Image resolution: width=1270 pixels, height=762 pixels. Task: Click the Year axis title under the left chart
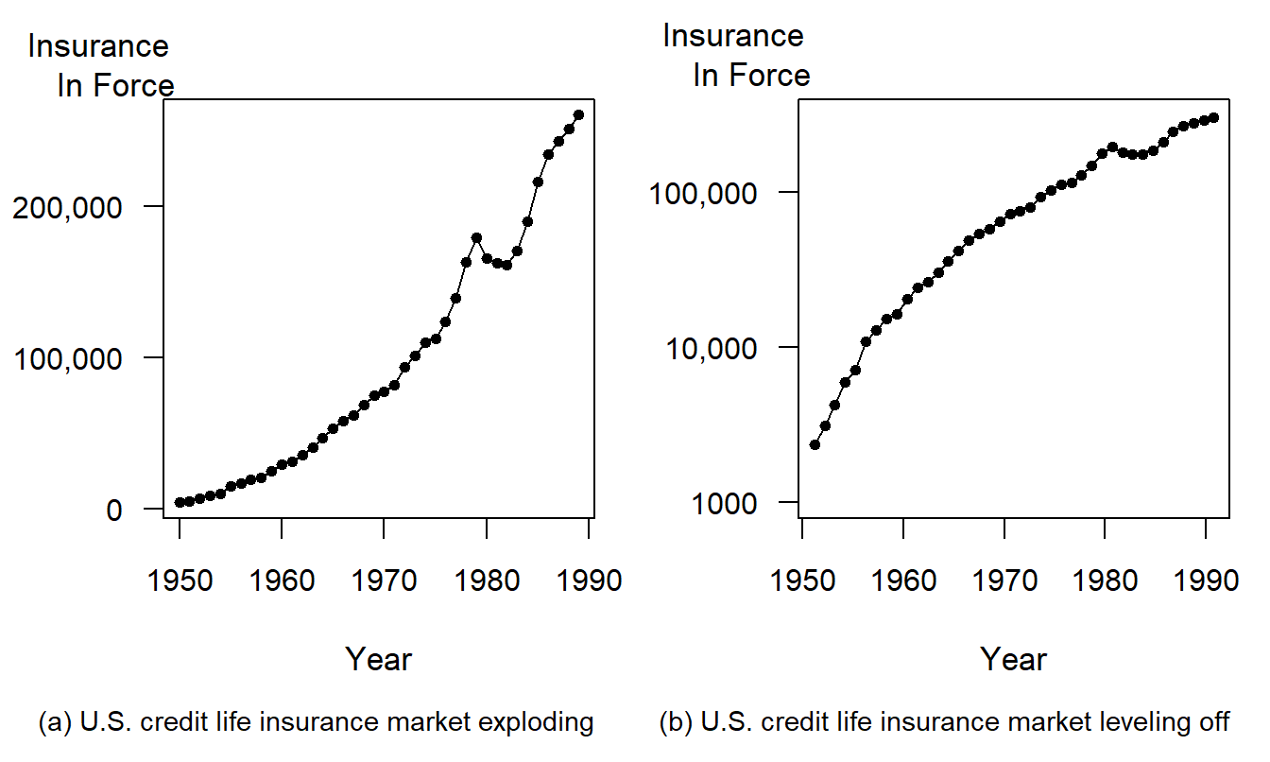(x=378, y=659)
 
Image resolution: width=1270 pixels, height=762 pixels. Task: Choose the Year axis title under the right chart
(x=1013, y=659)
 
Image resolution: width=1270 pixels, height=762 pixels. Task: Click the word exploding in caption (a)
(x=536, y=723)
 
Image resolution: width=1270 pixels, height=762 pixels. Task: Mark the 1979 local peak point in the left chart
(x=476, y=238)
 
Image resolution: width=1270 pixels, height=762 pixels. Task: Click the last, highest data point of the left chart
(x=579, y=114)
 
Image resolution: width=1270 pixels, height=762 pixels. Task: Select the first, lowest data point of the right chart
(x=815, y=444)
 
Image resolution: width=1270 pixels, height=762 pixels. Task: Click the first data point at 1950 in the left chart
(x=180, y=502)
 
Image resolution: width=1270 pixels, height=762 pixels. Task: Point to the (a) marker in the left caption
(x=55, y=723)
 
